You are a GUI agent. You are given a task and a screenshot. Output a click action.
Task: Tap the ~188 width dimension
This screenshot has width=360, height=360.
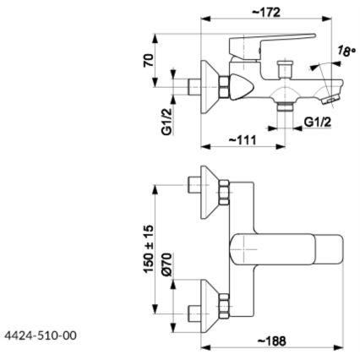tap(272, 341)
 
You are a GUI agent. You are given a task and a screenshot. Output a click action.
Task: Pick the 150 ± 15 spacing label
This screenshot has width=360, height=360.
tap(148, 250)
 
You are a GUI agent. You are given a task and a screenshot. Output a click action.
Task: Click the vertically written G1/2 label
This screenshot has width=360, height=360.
tap(168, 120)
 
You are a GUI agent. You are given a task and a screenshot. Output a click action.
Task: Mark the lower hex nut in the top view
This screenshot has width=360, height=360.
tap(225, 303)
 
